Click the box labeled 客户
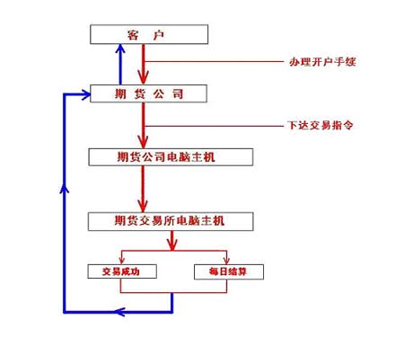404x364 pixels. coord(149,34)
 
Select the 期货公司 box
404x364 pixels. coord(149,93)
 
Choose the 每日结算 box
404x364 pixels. coord(228,271)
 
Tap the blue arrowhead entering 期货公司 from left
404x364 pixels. coord(84,93)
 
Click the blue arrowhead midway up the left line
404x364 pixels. coord(63,189)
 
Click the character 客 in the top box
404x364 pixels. coord(132,34)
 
